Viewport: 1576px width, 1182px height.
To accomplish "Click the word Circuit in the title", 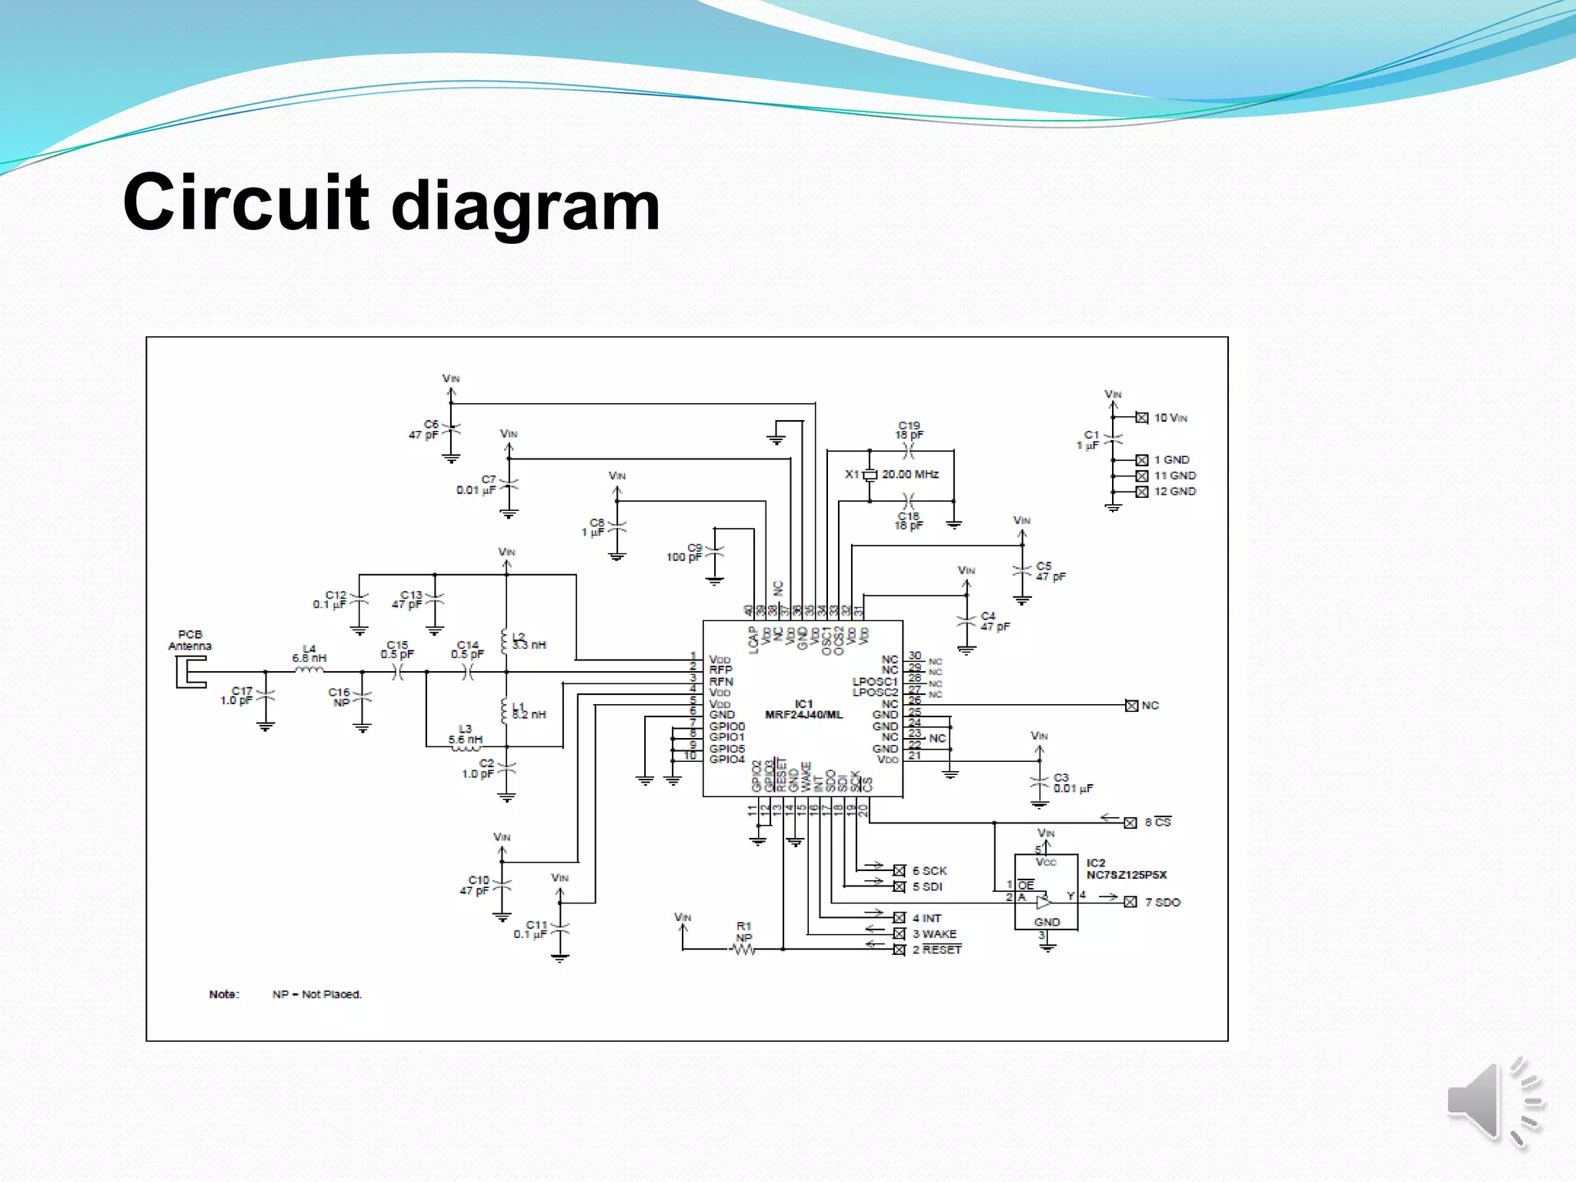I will pos(246,202).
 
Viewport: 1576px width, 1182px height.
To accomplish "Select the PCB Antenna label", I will pos(189,640).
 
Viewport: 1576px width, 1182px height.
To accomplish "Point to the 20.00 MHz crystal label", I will pos(910,474).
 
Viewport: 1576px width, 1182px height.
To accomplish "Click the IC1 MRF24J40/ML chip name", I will pos(803,709).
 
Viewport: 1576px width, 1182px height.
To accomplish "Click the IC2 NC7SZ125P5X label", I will pos(1126,869).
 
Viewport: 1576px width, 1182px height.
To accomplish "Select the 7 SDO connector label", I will pos(1162,902).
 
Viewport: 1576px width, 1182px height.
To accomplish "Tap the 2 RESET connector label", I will pos(937,950).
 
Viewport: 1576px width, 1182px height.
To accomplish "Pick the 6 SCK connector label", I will pos(930,870).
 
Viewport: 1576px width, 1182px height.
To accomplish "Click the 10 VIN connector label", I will pos(1170,418).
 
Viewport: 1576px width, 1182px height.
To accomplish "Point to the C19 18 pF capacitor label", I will pos(909,429).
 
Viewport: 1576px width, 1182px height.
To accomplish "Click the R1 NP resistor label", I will pos(743,931).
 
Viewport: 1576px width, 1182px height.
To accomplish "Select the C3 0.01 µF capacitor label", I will pos(1072,783).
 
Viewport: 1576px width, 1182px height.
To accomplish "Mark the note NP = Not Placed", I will pos(316,994).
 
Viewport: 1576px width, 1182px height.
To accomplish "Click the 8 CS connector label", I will pos(1157,822).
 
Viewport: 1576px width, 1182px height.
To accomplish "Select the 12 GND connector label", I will pos(1174,491).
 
